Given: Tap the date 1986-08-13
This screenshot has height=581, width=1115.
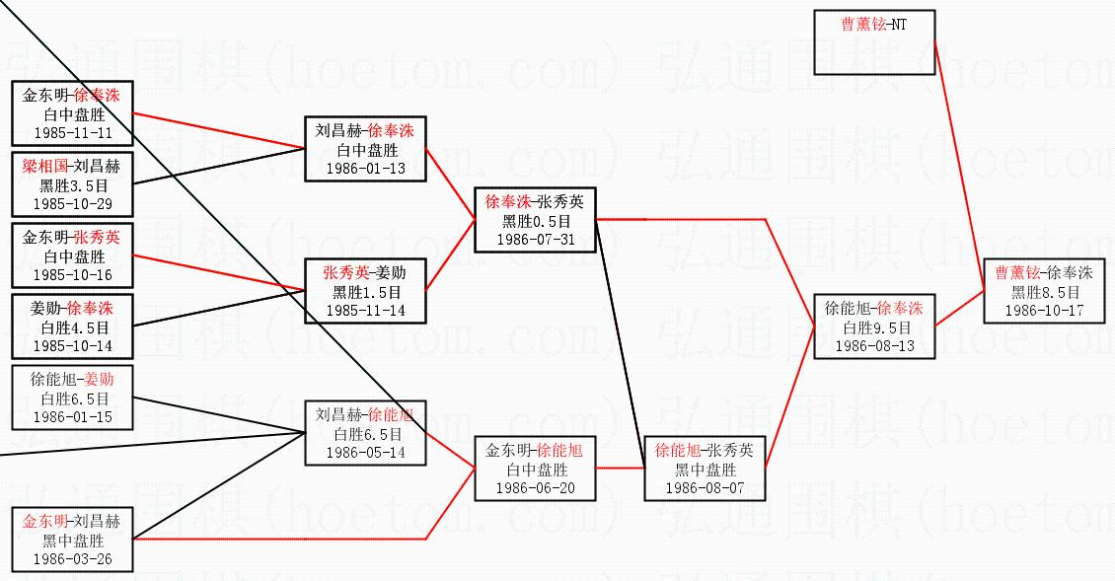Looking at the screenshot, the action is coord(873,345).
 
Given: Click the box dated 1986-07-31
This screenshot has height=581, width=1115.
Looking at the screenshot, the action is coord(535,219).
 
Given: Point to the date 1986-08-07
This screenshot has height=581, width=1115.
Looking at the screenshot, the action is coord(705,488).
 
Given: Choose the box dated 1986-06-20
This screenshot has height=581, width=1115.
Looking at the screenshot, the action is coord(535,469).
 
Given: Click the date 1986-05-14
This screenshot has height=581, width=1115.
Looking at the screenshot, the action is coord(365,452).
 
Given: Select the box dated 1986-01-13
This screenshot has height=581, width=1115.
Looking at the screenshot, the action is coord(365,149).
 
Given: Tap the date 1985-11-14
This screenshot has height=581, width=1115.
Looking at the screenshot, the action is coord(365,310).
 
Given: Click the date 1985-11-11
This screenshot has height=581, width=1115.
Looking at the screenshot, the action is coord(73,131).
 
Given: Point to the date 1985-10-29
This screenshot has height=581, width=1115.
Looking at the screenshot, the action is coord(73,203).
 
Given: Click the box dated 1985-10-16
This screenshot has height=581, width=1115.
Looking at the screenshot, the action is coord(72,255).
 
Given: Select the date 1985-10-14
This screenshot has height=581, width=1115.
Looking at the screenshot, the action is coord(73,345).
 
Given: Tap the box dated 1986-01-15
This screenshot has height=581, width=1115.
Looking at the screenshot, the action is coord(72,398).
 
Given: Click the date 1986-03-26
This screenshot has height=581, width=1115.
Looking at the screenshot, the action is coord(73,558).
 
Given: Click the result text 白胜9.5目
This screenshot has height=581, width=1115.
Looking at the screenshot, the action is coord(873,327).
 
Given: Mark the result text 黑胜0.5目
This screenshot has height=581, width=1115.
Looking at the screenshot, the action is coord(535,220).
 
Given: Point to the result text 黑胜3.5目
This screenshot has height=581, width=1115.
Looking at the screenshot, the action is coord(73,185).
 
